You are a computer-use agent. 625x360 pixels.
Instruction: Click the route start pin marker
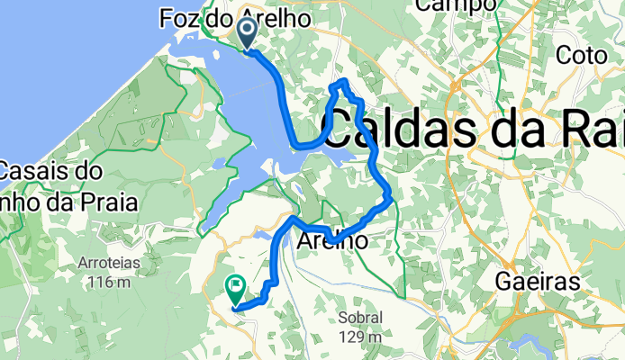246,34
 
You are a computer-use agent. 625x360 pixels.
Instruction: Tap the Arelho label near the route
331,241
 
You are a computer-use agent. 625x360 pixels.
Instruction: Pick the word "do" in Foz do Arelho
222,17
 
